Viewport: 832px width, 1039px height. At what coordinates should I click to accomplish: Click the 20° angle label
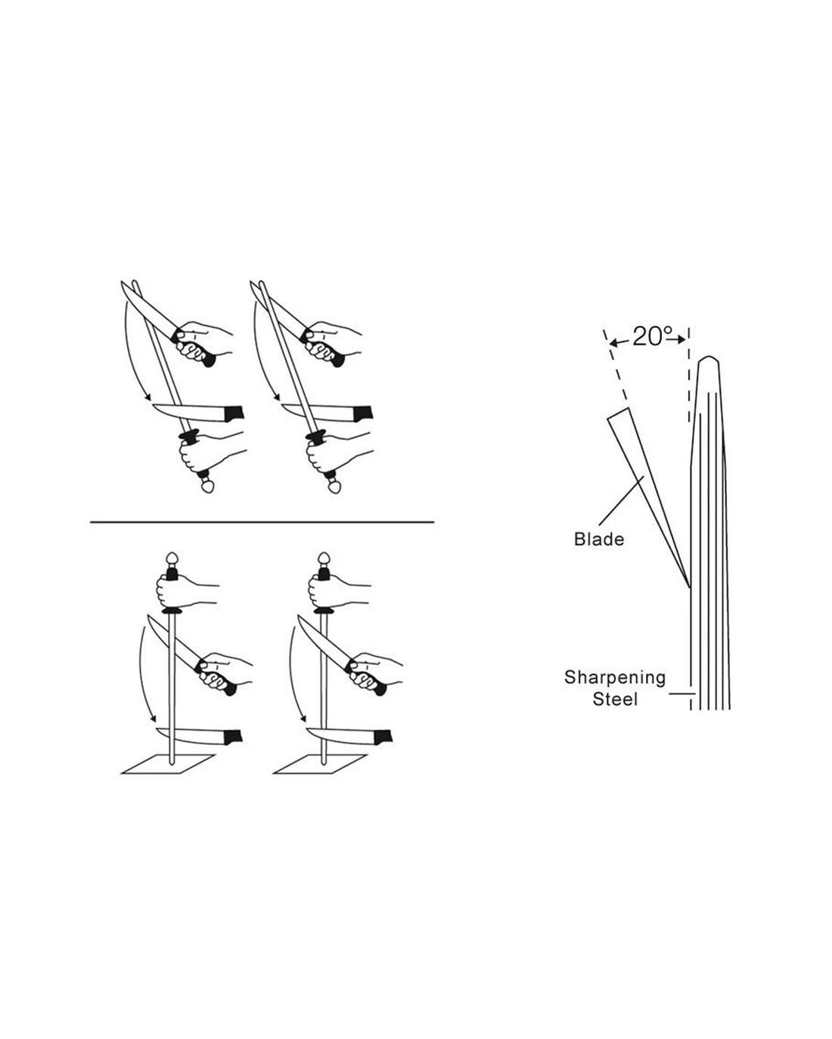pyautogui.click(x=648, y=337)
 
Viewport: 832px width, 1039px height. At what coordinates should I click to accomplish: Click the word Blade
pyautogui.click(x=599, y=540)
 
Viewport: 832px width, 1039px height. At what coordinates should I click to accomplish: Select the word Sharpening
pyautogui.click(x=614, y=678)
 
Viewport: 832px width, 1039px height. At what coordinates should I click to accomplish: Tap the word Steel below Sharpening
pyautogui.click(x=615, y=700)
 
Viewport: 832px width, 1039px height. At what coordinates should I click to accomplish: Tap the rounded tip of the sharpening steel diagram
pyautogui.click(x=707, y=361)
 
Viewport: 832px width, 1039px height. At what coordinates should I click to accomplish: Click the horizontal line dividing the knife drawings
pyautogui.click(x=262, y=521)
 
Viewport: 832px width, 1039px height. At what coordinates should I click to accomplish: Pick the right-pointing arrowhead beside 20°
pyautogui.click(x=681, y=339)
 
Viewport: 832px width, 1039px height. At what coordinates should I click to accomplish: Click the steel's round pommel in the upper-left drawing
pyautogui.click(x=208, y=488)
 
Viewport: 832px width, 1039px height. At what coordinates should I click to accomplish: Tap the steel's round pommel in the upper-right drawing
pyautogui.click(x=334, y=488)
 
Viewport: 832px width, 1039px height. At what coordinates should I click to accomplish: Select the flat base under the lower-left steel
pyautogui.click(x=168, y=764)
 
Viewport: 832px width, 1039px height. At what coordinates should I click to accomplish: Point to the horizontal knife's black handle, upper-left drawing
pyautogui.click(x=231, y=413)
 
